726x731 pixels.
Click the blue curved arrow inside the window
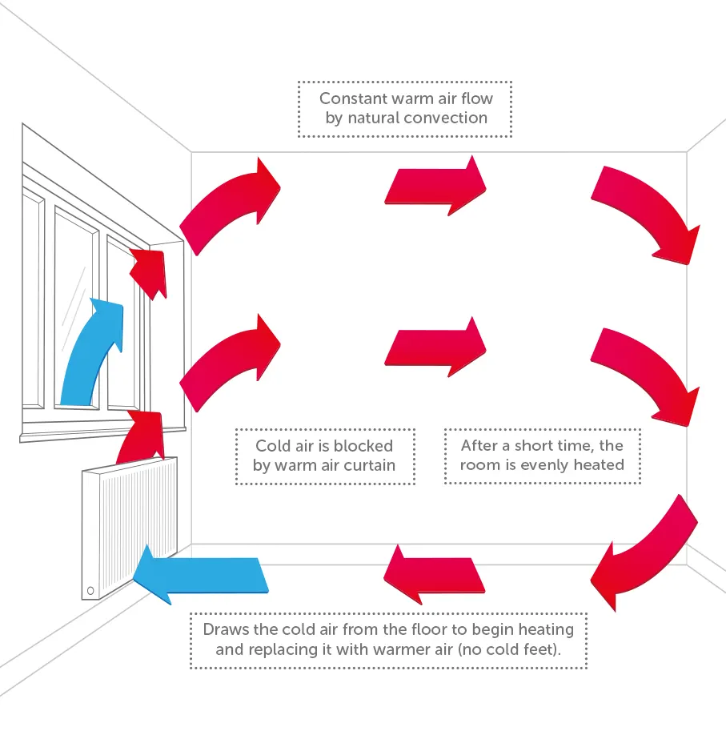click(92, 352)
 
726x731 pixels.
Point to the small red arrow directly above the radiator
click(142, 437)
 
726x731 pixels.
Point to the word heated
click(597, 465)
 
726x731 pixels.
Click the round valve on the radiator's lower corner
click(90, 591)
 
